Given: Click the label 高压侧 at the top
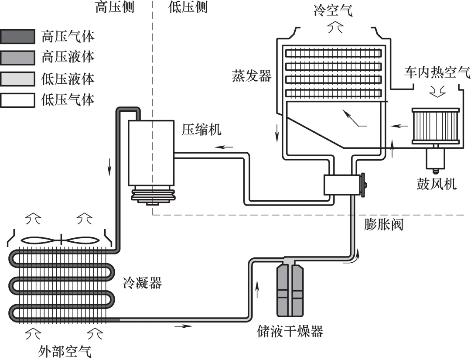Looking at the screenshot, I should tap(115, 7).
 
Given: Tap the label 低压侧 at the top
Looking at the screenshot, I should tap(188, 7).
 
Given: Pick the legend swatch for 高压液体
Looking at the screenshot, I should tap(17, 58).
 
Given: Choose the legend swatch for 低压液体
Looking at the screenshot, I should tap(17, 79).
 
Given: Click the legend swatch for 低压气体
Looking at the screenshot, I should tap(17, 100).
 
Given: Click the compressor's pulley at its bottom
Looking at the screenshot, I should tap(152, 194).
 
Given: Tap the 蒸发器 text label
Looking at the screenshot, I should tap(252, 76).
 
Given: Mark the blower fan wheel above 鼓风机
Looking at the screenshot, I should tap(435, 126).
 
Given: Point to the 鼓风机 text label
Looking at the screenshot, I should tap(437, 184).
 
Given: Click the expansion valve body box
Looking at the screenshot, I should tap(341, 185).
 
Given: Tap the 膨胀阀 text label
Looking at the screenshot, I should tap(384, 225).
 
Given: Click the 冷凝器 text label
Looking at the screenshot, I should tap(142, 284).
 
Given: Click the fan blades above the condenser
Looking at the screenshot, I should tap(60, 240).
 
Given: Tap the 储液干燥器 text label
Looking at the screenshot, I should tap(290, 331).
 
